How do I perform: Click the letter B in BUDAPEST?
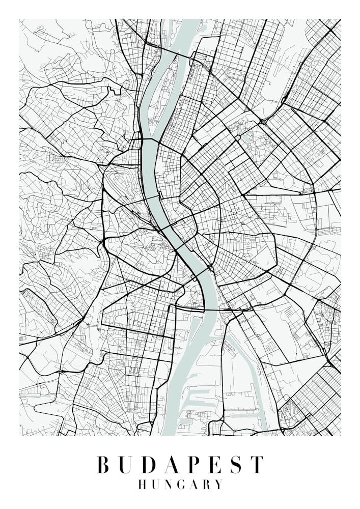coord(103,465)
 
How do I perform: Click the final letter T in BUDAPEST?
coord(258,465)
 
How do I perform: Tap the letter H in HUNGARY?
coord(143,484)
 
